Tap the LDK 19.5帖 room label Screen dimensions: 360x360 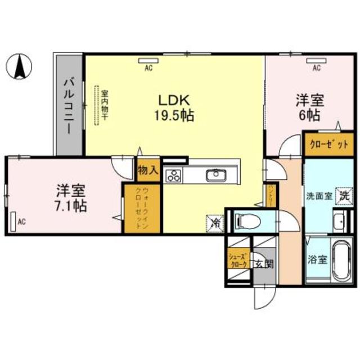pyautogui.click(x=175, y=108)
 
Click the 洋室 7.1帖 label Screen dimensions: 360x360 pyautogui.click(x=71, y=197)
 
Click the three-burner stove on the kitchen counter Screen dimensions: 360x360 pyautogui.click(x=173, y=176)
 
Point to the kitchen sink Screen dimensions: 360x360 pyautogui.click(x=215, y=176)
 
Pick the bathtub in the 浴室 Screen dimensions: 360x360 pyautogui.click(x=341, y=261)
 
